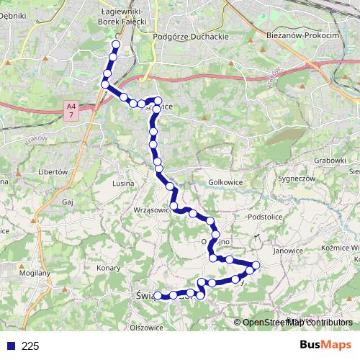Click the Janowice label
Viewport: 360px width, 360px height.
[288, 251]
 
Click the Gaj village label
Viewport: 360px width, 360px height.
[69, 204]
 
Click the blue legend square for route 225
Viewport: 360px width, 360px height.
[11, 346]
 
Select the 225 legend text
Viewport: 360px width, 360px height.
[30, 346]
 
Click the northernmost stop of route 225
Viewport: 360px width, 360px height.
[116, 45]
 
